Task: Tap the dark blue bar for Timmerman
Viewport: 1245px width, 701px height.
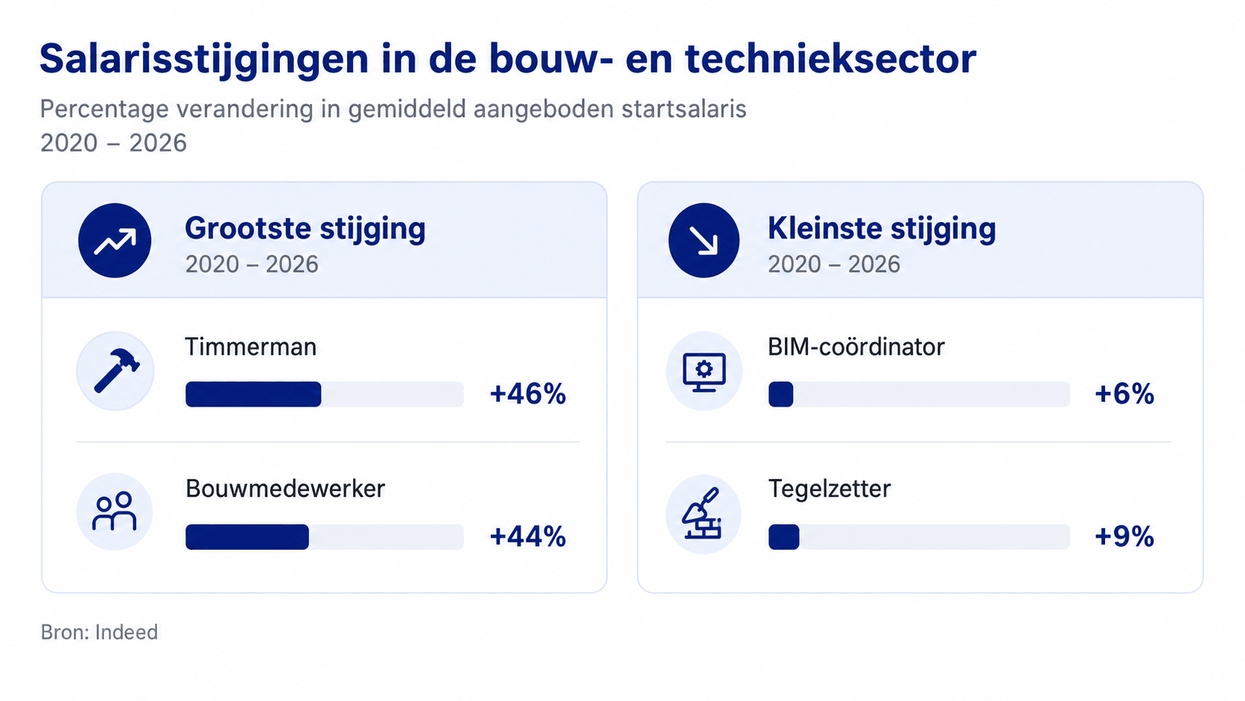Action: [x=253, y=394]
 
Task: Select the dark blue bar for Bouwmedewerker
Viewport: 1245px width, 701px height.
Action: [x=247, y=537]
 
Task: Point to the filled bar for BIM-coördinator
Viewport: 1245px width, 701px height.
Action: [x=781, y=394]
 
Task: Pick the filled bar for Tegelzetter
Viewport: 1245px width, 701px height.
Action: [x=783, y=537]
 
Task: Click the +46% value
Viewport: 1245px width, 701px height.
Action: [x=527, y=394]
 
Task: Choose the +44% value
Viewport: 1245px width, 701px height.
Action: [x=527, y=537]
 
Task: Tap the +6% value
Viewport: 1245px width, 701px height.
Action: [x=1124, y=394]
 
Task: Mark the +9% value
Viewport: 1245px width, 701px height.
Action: [x=1124, y=537]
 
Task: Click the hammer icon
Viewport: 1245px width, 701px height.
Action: [x=116, y=371]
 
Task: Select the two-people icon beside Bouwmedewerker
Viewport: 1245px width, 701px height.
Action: [x=115, y=512]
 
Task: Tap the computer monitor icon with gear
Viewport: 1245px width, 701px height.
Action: [x=704, y=372]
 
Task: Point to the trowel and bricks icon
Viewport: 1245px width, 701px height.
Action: [x=702, y=514]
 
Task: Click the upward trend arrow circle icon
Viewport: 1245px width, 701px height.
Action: [x=115, y=240]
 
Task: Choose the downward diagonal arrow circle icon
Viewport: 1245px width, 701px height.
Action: [x=704, y=240]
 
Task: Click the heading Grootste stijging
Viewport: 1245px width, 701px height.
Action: [x=305, y=229]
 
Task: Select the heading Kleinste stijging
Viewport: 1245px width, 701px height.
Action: [x=882, y=229]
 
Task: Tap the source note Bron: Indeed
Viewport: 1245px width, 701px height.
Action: [x=100, y=632]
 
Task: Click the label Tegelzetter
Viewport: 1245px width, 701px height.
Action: [x=830, y=489]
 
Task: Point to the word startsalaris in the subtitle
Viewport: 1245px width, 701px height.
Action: [x=684, y=109]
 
